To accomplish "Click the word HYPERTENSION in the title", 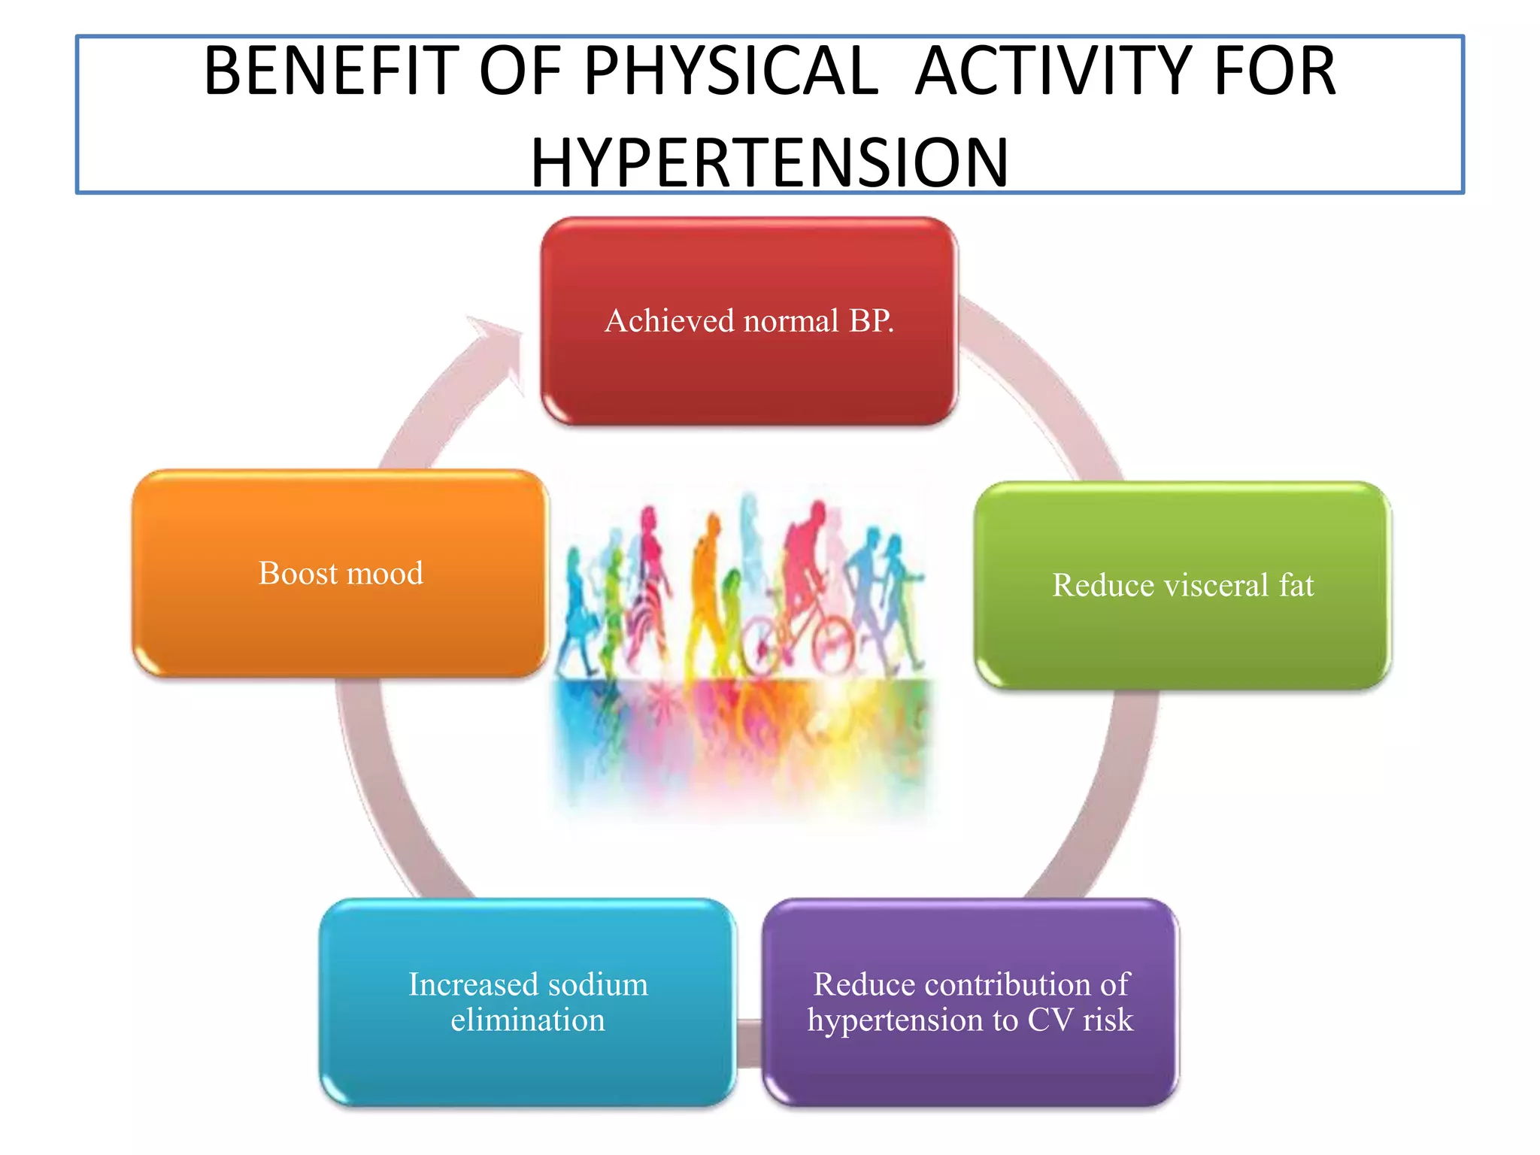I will [769, 162].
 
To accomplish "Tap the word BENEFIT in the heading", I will [331, 71].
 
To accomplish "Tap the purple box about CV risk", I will [970, 1068].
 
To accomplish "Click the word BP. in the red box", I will [871, 321].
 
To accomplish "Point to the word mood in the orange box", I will [384, 574].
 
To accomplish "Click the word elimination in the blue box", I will [527, 1020].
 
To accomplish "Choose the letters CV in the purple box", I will [1050, 1020].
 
